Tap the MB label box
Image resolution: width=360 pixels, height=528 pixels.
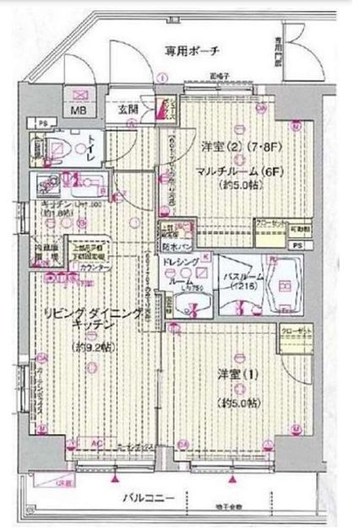click(78, 111)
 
